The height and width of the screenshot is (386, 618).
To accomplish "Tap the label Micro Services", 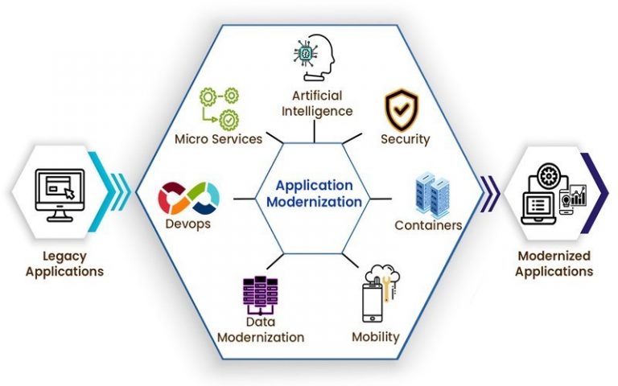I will tap(218, 139).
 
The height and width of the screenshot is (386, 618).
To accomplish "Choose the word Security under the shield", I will tap(405, 139).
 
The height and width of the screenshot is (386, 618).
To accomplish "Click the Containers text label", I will tap(428, 225).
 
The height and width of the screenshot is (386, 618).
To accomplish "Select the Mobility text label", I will tap(375, 337).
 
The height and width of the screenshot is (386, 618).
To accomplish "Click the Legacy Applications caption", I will tap(64, 264).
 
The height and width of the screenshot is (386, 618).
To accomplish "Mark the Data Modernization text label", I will tap(261, 330).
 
